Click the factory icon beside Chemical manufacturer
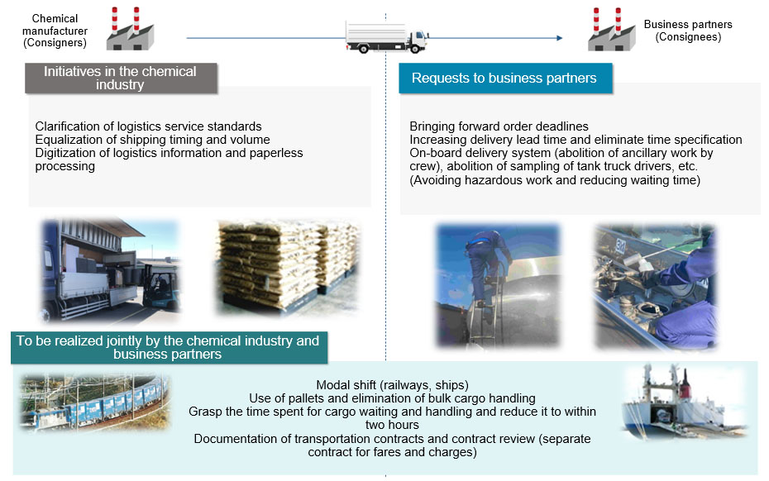coord(131,29)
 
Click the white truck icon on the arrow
coord(386,36)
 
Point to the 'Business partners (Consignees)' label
coord(688,31)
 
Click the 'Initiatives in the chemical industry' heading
coord(120,78)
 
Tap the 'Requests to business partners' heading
coord(504,78)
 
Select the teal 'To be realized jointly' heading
coord(168,347)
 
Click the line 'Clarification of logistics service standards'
coord(148,126)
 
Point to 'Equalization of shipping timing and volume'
coord(152,140)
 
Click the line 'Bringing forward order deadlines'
coord(499,126)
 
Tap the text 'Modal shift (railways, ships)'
coord(392,385)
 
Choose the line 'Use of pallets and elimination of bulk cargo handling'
coord(392,398)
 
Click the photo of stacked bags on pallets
coord(287,267)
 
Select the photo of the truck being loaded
coord(111,269)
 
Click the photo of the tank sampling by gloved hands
coord(656,285)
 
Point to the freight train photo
coord(94,404)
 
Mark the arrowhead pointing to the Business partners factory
coord(560,38)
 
